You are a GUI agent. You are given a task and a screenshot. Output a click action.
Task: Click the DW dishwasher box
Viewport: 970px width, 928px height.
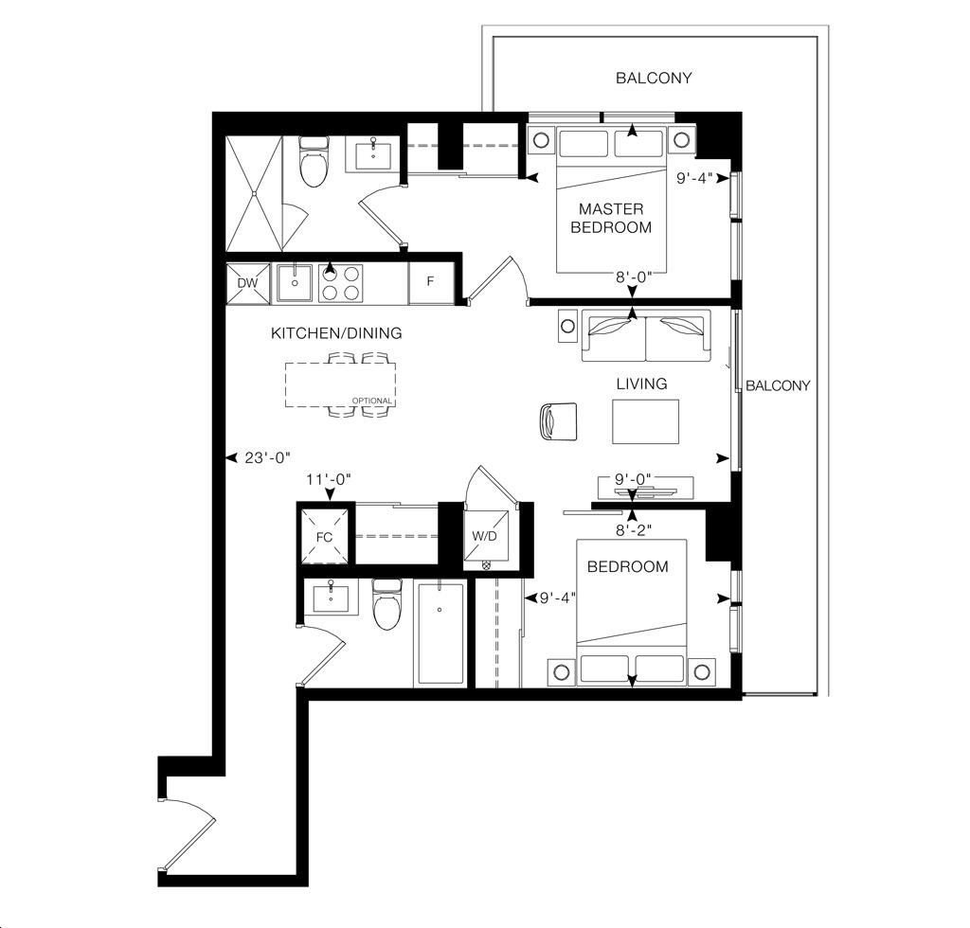tap(248, 283)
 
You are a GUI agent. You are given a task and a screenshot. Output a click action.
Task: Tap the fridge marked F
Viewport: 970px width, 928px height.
tap(431, 282)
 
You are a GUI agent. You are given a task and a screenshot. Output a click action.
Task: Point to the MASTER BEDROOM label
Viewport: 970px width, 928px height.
tap(611, 218)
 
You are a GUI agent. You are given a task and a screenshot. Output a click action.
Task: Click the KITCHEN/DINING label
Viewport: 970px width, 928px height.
tap(336, 333)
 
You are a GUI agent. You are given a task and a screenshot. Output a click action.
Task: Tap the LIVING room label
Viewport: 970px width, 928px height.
tap(641, 384)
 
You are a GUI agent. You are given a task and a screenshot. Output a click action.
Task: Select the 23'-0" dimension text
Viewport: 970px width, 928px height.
tap(267, 458)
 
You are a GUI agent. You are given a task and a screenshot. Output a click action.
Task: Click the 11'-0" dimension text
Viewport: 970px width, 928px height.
tap(329, 479)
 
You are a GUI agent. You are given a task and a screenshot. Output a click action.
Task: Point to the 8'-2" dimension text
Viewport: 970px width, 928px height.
tap(634, 530)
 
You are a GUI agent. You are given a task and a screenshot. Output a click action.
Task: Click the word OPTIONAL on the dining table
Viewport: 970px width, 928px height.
tap(371, 401)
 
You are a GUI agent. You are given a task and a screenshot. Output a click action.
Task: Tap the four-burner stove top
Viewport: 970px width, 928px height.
tap(341, 283)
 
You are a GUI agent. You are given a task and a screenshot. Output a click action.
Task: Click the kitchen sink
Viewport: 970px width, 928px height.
tap(295, 283)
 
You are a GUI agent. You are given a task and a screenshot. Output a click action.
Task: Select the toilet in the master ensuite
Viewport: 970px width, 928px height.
tap(313, 161)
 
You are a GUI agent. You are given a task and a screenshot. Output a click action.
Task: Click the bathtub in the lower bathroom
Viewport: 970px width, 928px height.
tap(440, 634)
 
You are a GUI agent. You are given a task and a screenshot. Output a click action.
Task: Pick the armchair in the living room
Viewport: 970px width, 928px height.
tap(558, 421)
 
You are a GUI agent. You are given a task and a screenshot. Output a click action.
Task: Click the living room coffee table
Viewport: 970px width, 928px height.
tap(645, 421)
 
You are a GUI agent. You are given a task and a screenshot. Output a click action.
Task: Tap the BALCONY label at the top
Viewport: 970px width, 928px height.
tap(654, 78)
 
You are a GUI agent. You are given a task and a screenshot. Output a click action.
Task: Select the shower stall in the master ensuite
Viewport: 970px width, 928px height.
tap(254, 193)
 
